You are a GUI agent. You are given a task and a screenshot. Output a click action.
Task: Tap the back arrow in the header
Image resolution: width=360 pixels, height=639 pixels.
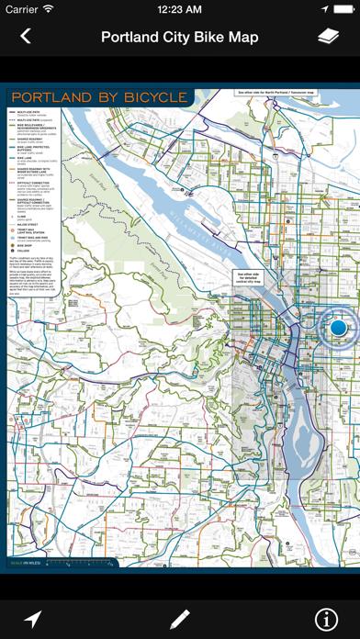(x=26, y=37)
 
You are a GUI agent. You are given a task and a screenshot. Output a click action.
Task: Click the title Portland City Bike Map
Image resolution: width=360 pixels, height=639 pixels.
(x=180, y=37)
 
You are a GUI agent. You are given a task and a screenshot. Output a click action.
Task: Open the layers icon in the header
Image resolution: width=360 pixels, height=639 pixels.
(x=329, y=37)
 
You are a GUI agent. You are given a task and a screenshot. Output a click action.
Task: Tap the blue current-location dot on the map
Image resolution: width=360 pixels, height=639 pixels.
(x=338, y=326)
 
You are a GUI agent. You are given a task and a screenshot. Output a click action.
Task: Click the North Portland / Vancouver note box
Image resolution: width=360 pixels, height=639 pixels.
(x=276, y=93)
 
